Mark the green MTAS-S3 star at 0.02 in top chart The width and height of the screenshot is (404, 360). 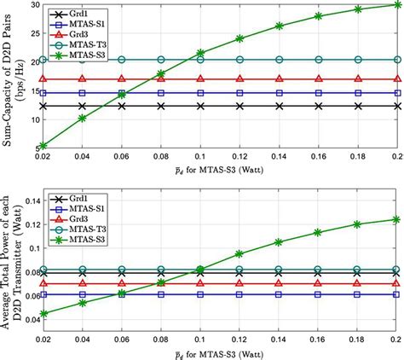(x=43, y=145)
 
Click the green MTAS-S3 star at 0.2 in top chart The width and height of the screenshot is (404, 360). (x=397, y=5)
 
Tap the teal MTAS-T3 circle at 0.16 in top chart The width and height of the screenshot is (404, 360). (x=319, y=60)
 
